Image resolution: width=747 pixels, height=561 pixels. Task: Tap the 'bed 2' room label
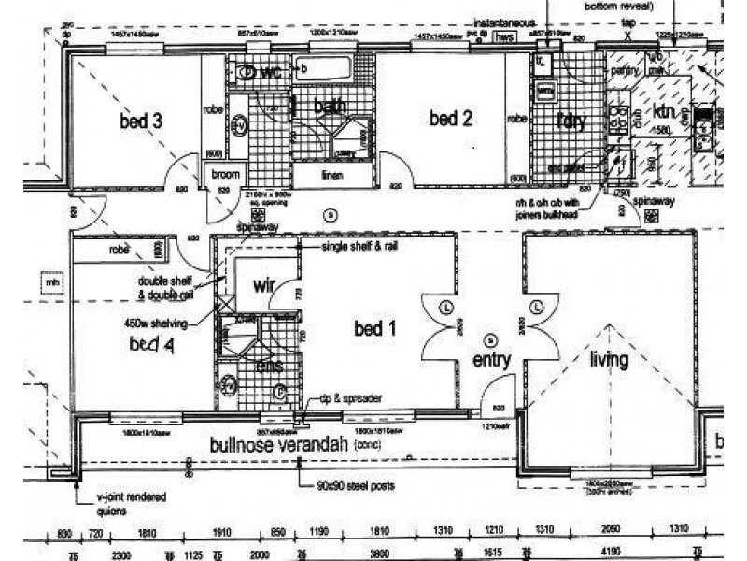(x=449, y=119)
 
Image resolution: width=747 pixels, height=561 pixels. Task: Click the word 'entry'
(x=491, y=360)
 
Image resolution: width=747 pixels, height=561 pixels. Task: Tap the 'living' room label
(x=609, y=360)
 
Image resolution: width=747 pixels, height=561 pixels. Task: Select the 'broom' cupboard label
(x=227, y=175)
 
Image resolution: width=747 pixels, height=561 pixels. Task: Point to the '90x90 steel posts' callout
(x=356, y=486)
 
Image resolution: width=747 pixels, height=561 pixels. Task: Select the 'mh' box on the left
(x=43, y=278)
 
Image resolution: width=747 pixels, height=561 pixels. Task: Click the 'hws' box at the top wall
(x=505, y=36)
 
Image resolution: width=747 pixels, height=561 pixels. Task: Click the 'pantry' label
(x=623, y=69)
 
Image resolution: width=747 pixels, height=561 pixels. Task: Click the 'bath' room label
(x=331, y=107)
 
